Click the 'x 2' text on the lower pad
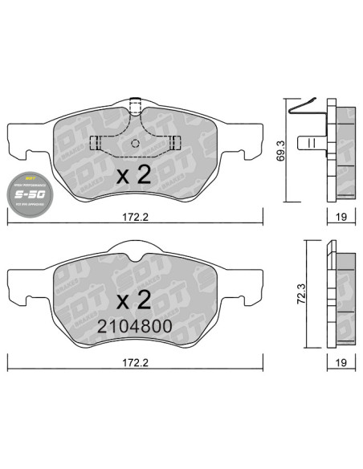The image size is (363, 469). pos(133,301)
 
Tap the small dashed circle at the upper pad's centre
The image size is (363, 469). pos(135,144)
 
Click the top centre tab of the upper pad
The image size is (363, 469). pos(135,105)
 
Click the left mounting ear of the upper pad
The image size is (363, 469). pos(19,142)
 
